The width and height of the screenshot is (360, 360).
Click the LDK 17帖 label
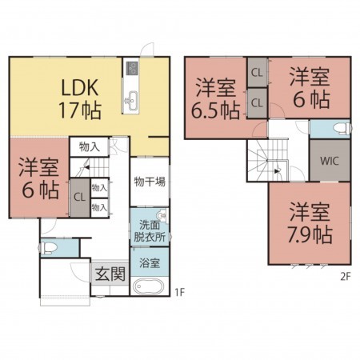pos(79,99)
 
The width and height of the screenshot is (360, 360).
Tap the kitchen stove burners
pos(132,68)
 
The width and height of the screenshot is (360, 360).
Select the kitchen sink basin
pos(131,101)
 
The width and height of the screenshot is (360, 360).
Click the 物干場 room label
pos(150,182)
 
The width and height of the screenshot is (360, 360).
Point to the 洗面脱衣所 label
pos(150,231)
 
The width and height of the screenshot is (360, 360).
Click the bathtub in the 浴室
pos(148,286)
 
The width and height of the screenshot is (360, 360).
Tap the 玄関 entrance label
pos(110,274)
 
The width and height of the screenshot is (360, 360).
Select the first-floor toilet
pos(48,248)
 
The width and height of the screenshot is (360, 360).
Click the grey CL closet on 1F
pos(80,198)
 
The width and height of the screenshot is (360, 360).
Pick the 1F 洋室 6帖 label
pos(39,178)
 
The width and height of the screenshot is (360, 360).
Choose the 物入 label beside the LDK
pos(90,146)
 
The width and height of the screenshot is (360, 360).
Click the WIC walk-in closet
pos(330,161)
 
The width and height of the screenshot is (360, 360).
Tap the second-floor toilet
pos(342,128)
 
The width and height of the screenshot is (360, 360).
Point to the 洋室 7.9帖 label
pos(310,223)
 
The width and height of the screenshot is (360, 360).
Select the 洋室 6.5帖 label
pos(215,99)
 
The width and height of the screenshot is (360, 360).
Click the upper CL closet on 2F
pos(257,73)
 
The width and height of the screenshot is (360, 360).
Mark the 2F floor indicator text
pos(345,277)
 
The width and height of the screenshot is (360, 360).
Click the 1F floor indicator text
pos(180,292)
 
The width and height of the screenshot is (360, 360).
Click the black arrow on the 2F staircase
pos(277,171)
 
